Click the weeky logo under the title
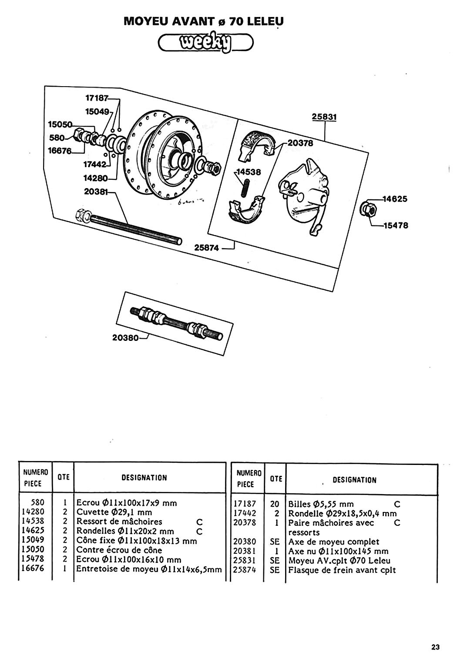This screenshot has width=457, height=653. pyautogui.click(x=205, y=43)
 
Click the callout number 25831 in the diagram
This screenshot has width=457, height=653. pyautogui.click(x=324, y=117)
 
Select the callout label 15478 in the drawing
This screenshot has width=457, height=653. pyautogui.click(x=396, y=226)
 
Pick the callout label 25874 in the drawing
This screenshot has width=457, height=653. pyautogui.click(x=207, y=247)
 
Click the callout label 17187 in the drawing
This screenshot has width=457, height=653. pyautogui.click(x=97, y=98)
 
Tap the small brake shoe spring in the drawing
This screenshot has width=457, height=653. pyautogui.click(x=246, y=188)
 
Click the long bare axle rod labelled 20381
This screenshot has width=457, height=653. pyautogui.click(x=131, y=226)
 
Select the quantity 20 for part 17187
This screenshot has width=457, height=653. pyautogui.click(x=275, y=504)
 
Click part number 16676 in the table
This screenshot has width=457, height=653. pyautogui.click(x=33, y=569)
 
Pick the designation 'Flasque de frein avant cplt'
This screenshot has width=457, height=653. pyautogui.click(x=342, y=570)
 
